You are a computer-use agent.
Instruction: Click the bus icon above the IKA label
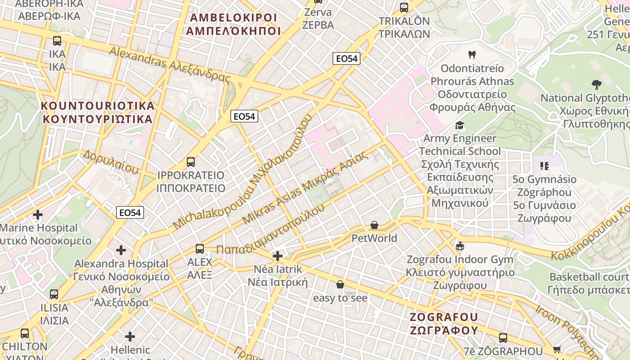(x=57, y=41)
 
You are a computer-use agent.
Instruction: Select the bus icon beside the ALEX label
(x=200, y=248)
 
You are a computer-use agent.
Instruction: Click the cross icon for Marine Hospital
(x=38, y=215)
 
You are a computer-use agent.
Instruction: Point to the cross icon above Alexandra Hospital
(x=121, y=250)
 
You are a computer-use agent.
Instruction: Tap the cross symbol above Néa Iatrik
(x=278, y=256)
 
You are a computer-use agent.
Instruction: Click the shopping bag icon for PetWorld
(x=374, y=225)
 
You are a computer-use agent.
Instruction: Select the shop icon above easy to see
(x=340, y=284)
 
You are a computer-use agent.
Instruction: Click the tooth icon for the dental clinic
(x=472, y=55)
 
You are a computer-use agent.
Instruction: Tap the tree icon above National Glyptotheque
(x=597, y=84)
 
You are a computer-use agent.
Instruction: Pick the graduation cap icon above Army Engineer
(x=459, y=125)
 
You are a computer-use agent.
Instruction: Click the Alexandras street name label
(x=169, y=64)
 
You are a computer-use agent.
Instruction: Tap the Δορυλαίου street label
(x=111, y=162)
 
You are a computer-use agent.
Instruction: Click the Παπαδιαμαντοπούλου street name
(x=270, y=229)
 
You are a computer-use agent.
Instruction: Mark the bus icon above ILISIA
(x=54, y=294)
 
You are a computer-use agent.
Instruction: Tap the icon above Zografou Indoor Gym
(x=459, y=246)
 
